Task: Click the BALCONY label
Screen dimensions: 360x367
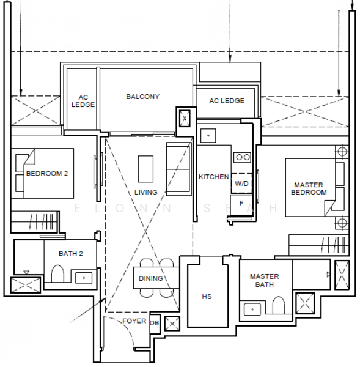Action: [x=142, y=97]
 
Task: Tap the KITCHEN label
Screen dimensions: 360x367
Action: [x=213, y=177]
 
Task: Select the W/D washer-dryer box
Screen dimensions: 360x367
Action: [x=241, y=183]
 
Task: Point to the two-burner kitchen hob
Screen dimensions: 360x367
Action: [x=242, y=157]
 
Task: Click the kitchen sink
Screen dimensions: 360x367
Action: [x=208, y=136]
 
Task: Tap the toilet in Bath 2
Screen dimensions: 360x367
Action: [x=57, y=273]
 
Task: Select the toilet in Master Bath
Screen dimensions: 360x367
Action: [x=278, y=305]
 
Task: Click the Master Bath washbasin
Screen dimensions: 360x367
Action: [x=252, y=309]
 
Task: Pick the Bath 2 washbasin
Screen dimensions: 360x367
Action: [x=84, y=278]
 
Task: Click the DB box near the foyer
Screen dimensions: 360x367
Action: [x=155, y=324]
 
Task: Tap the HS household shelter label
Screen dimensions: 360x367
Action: [x=207, y=297]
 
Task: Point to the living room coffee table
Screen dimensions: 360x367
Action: [x=145, y=169]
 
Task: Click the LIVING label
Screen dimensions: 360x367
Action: [x=145, y=193]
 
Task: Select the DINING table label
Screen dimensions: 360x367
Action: [x=151, y=278]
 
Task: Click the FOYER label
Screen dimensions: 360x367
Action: [x=134, y=321]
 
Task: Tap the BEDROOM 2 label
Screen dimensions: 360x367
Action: [x=47, y=174]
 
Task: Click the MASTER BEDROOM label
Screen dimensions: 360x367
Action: [x=309, y=188]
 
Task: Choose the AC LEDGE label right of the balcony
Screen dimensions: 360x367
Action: [x=227, y=101]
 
